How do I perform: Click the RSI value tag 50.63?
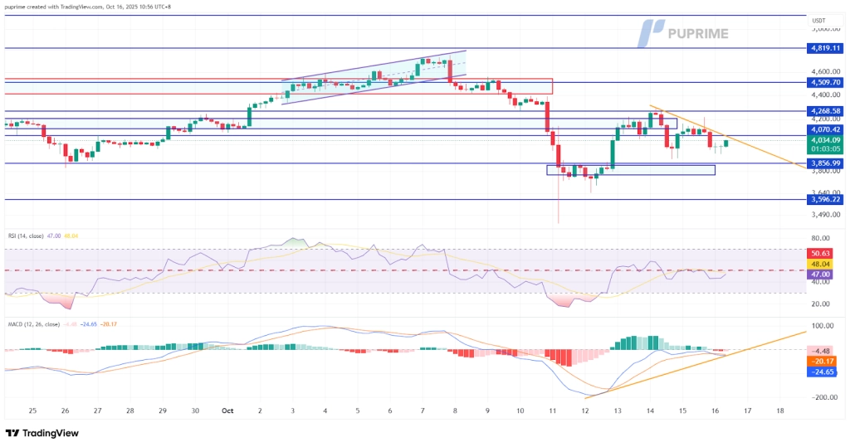tap(823, 253)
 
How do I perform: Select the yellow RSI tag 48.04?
tap(823, 263)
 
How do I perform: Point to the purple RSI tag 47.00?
tap(823, 274)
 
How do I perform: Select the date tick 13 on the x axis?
tap(617, 411)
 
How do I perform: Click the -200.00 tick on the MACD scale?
tap(822, 398)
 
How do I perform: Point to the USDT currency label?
tap(820, 21)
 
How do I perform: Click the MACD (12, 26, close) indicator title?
tap(33, 323)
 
